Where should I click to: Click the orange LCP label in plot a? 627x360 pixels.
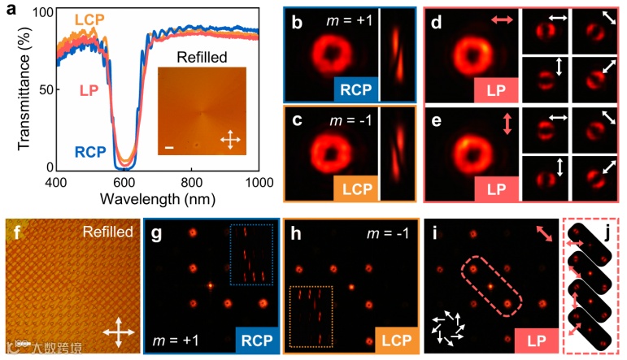tap(90, 19)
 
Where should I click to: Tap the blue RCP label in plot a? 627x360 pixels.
tap(89, 151)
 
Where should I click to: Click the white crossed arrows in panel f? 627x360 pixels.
tap(119, 333)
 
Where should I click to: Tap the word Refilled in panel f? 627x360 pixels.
tap(109, 232)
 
